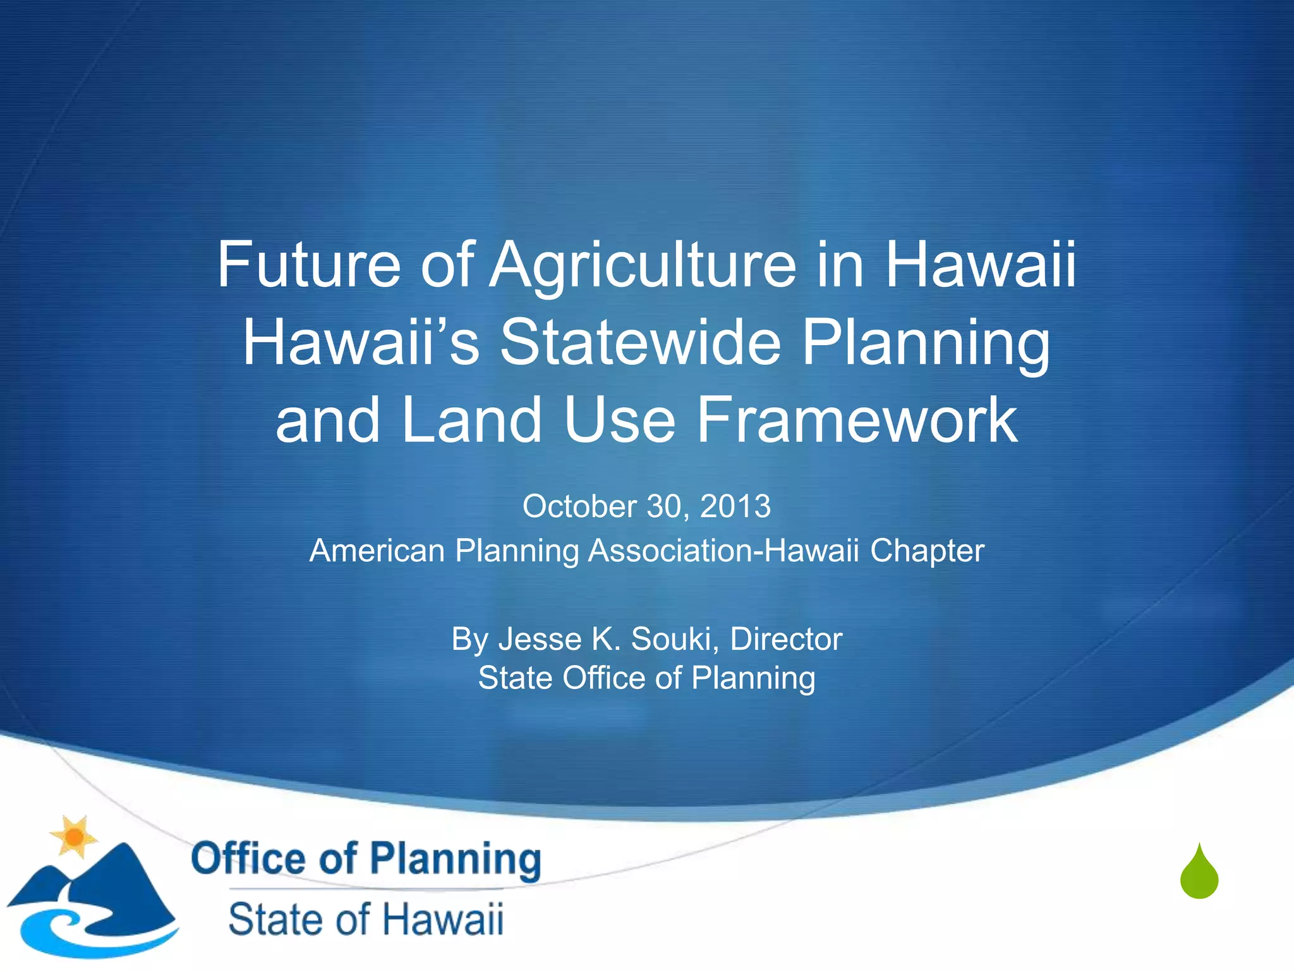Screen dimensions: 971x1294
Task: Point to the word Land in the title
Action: (471, 420)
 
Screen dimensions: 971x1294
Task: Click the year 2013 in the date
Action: (735, 506)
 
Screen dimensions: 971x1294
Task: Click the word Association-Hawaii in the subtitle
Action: (724, 550)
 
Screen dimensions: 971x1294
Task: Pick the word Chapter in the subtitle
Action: (927, 550)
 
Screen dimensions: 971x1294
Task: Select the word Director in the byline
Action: (786, 639)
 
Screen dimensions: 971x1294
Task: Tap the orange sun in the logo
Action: (75, 836)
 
